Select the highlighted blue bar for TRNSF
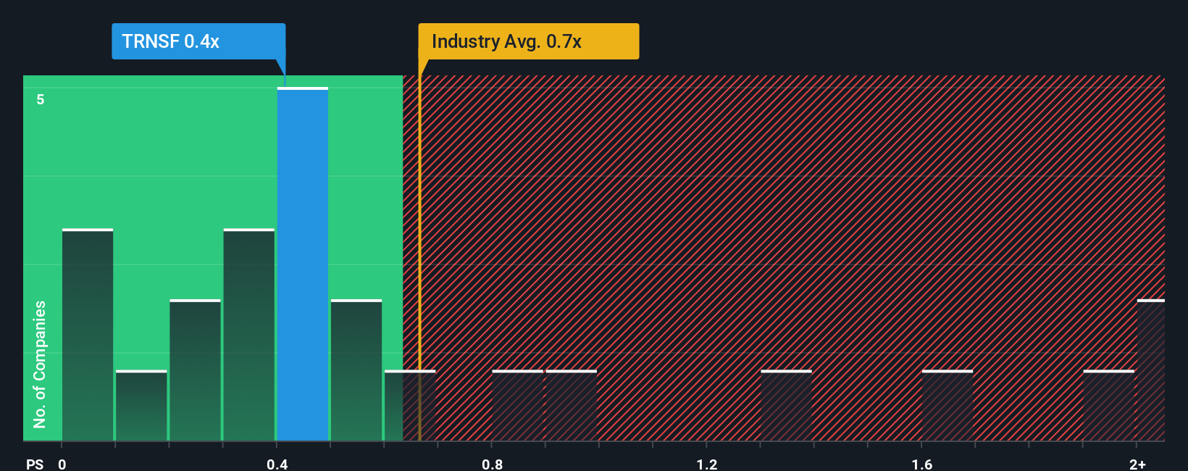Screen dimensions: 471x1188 click(303, 264)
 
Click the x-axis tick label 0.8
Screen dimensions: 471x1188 click(492, 464)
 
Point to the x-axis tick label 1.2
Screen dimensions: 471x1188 click(707, 464)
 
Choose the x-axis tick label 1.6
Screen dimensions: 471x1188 click(922, 464)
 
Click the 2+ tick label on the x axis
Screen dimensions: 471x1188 click(1137, 464)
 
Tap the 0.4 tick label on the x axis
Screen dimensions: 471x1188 click(277, 464)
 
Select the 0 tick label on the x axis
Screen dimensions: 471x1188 click(62, 464)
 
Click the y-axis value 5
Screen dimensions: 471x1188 click(41, 99)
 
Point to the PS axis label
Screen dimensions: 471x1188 click(35, 464)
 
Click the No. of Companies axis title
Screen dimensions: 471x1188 click(40, 364)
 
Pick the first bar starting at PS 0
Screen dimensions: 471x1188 click(88, 335)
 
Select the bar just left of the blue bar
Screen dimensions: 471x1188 click(249, 335)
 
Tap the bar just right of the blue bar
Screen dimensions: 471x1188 click(356, 370)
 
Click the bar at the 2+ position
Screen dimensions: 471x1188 click(1150, 370)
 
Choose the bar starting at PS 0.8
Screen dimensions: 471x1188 click(517, 406)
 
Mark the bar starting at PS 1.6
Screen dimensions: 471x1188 click(948, 406)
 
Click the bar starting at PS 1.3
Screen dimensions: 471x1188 click(786, 406)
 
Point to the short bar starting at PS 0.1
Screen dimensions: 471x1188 click(141, 406)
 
